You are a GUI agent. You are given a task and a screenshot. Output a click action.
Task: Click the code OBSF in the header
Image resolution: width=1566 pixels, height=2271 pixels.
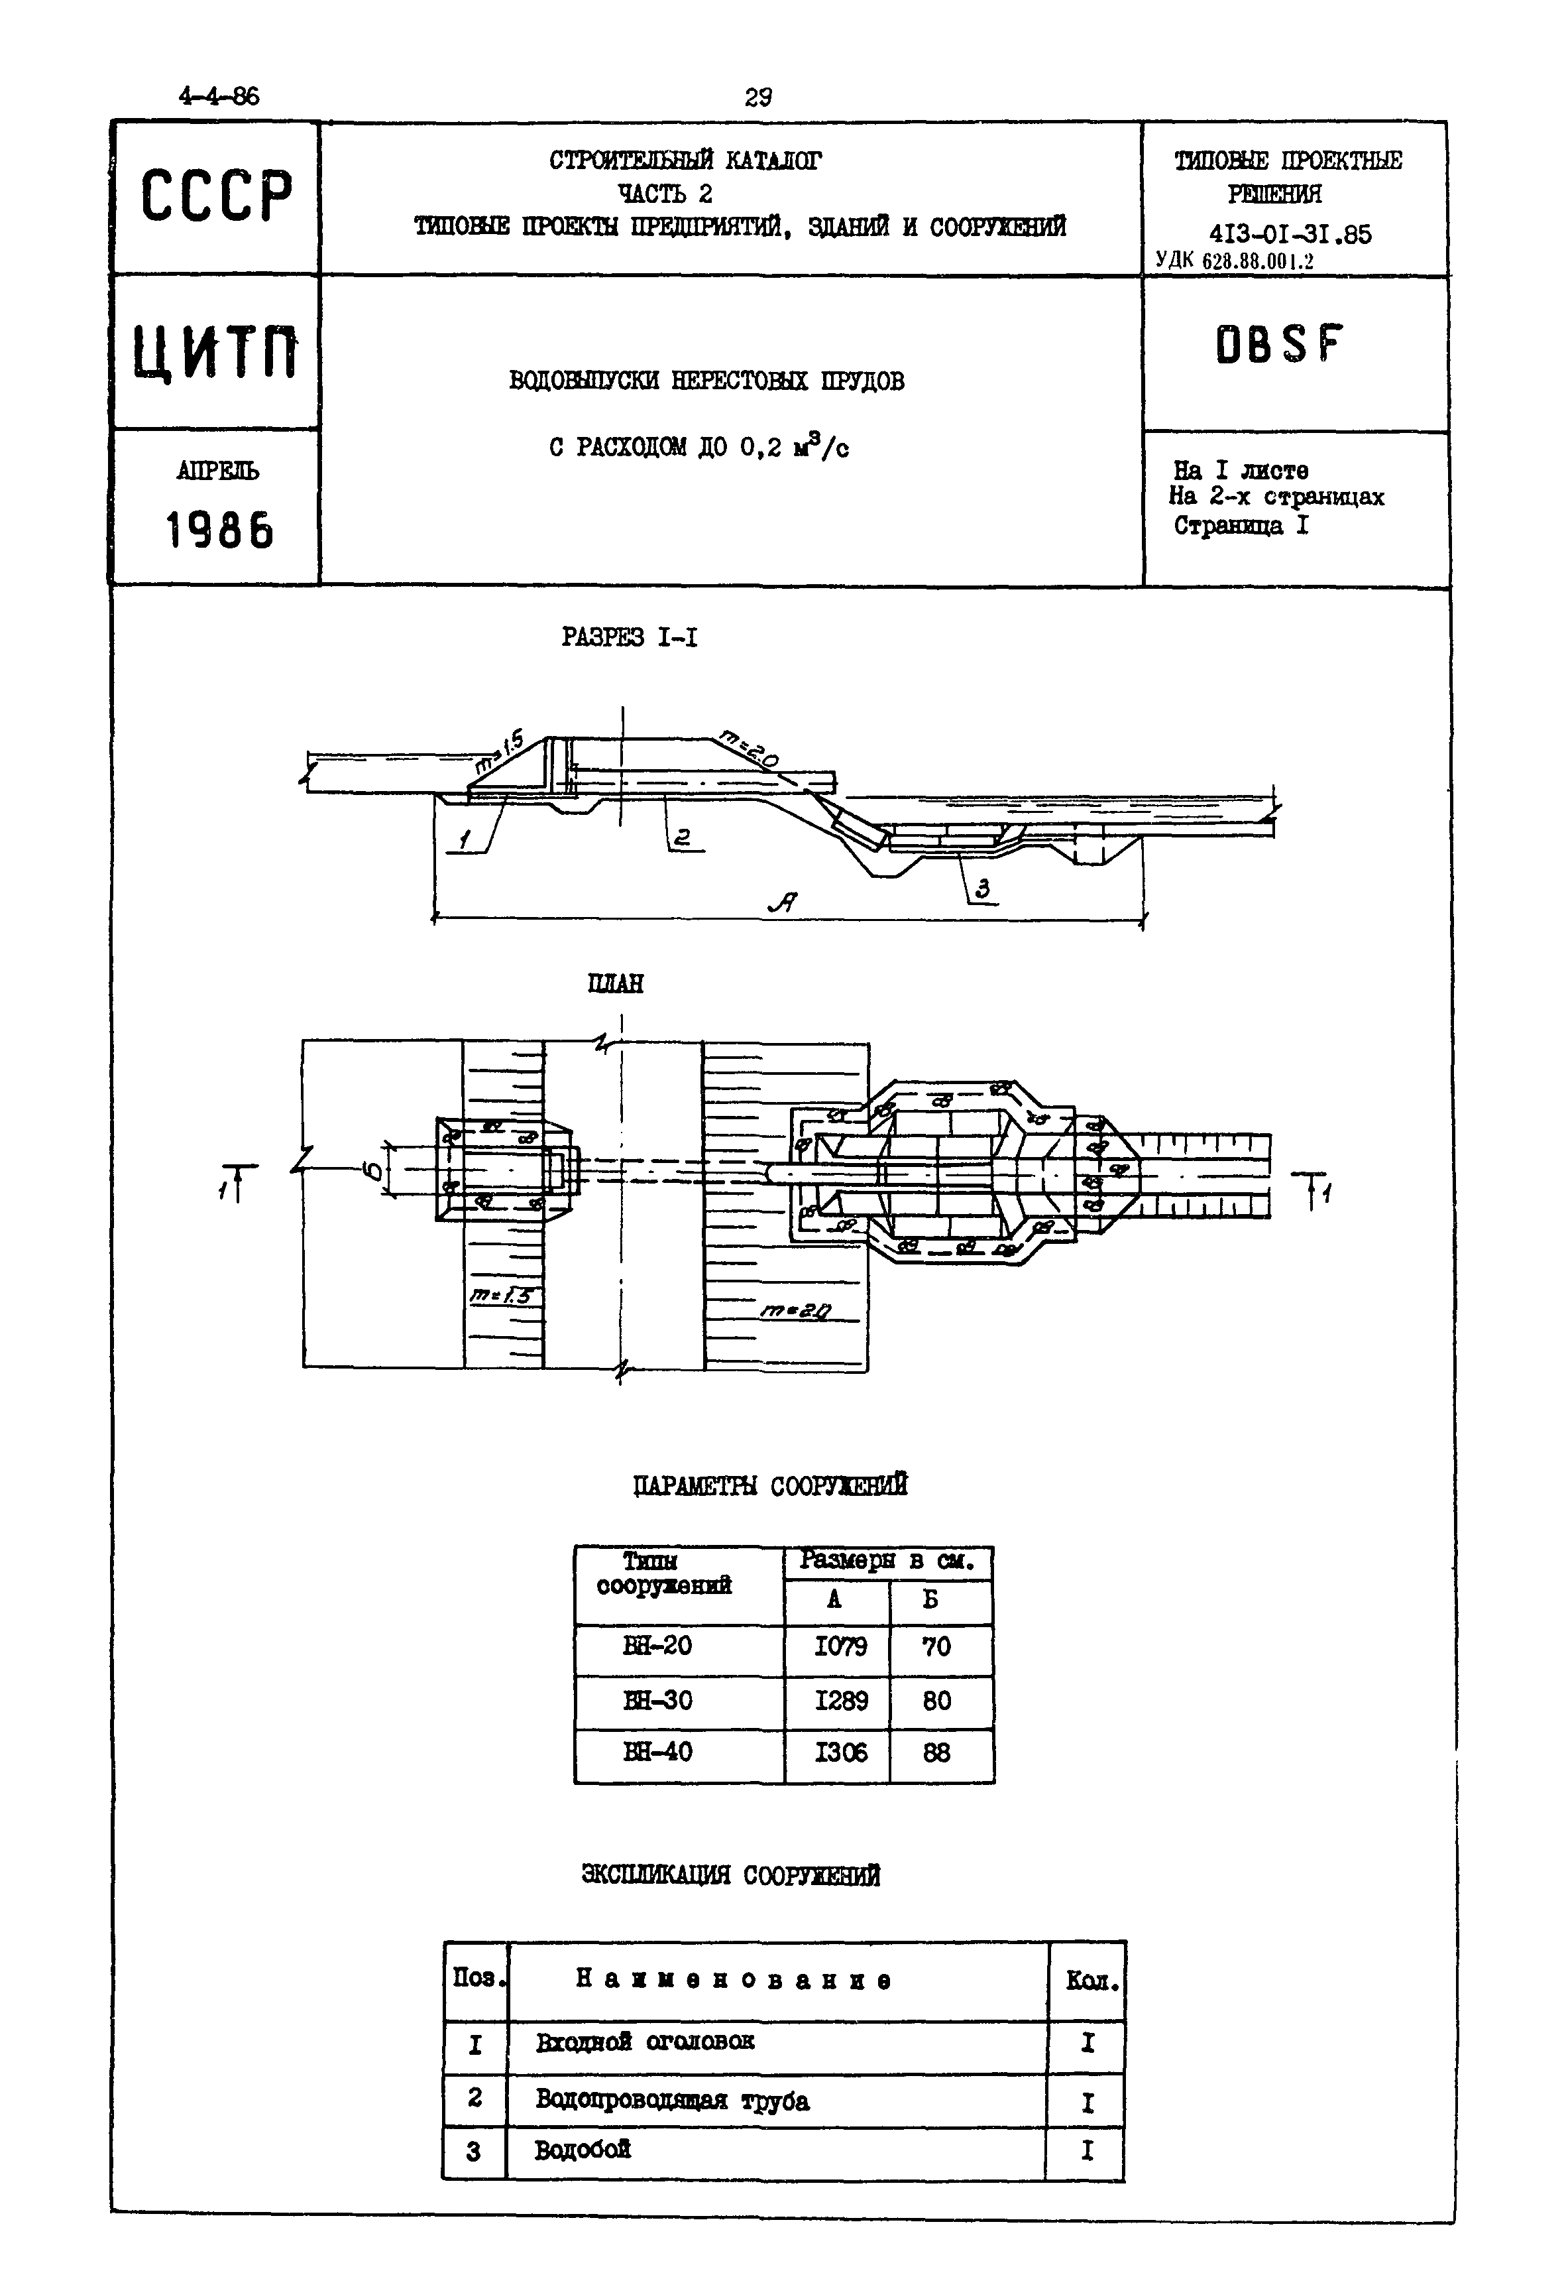pyautogui.click(x=1278, y=345)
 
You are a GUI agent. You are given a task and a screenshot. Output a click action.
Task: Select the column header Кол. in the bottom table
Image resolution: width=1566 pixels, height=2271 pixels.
pyautogui.click(x=1091, y=1981)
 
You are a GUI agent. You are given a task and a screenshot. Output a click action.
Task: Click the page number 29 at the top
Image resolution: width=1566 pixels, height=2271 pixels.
pyautogui.click(x=757, y=97)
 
